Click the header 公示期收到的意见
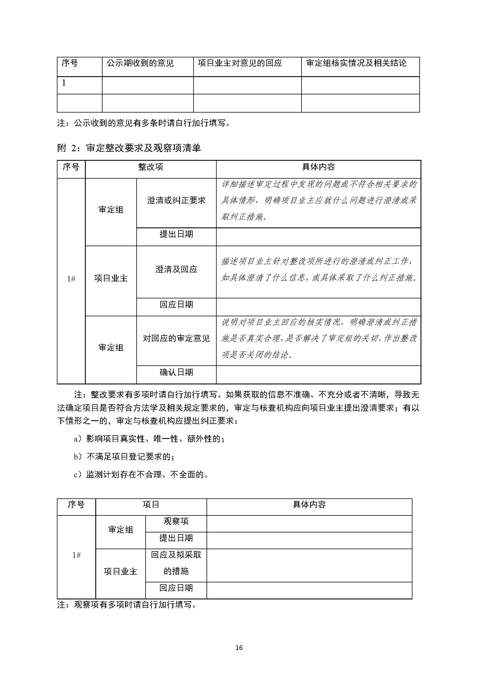[x=140, y=63]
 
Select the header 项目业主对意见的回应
[x=240, y=63]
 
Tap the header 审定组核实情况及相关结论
[x=356, y=63]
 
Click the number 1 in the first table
[x=64, y=83]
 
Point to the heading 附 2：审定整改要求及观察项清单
[x=129, y=148]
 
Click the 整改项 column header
[x=150, y=167]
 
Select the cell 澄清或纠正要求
[x=176, y=201]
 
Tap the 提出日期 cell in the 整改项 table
[x=176, y=234]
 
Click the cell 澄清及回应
[x=176, y=269]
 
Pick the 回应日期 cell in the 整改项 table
[x=176, y=304]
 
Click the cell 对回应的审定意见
[x=176, y=339]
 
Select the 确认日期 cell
[x=176, y=372]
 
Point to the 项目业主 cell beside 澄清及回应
[x=111, y=278]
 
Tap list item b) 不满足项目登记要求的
[x=124, y=457]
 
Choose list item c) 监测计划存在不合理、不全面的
[x=141, y=474]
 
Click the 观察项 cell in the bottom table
[x=176, y=521]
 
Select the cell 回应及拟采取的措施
[x=176, y=563]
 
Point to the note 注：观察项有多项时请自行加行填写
[x=127, y=605]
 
